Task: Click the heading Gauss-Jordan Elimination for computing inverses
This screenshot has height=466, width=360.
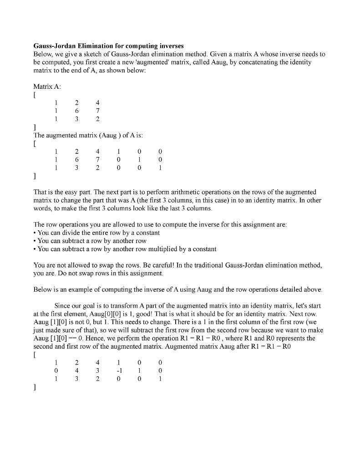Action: click(x=109, y=46)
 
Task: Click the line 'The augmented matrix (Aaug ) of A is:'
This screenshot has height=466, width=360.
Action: click(x=89, y=135)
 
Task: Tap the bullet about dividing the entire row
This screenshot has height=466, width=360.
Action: click(x=96, y=233)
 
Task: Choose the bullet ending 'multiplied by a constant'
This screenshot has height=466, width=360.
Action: click(x=125, y=249)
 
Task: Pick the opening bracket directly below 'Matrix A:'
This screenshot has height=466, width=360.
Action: click(x=35, y=94)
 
